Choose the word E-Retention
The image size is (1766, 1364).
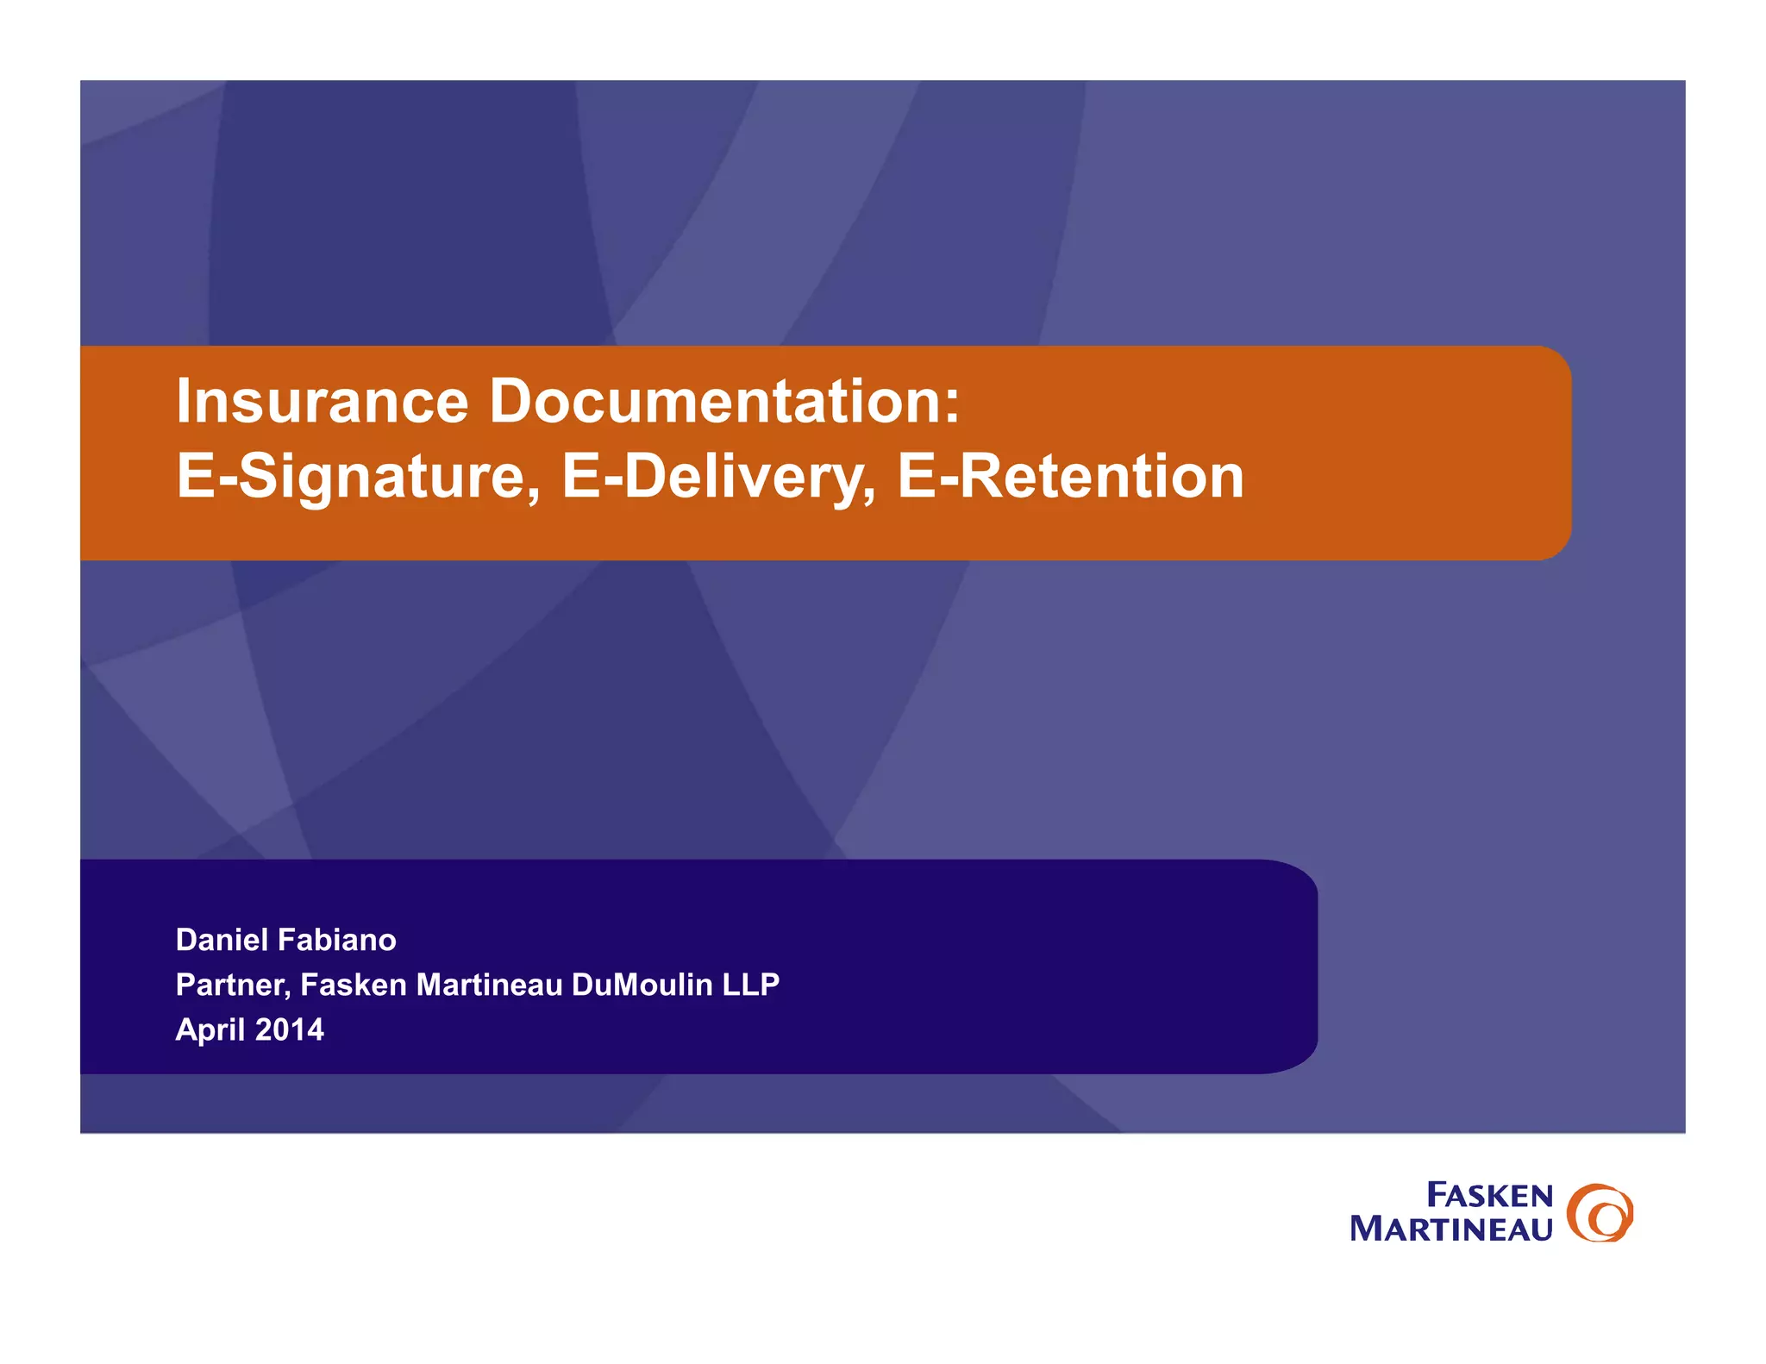[x=1070, y=477]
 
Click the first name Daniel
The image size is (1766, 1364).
[x=221, y=940]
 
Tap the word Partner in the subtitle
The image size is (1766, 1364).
[x=231, y=985]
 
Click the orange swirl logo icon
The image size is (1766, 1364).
[x=1600, y=1212]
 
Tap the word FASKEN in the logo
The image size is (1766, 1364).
[x=1489, y=1195]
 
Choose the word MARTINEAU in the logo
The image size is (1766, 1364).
[x=1451, y=1229]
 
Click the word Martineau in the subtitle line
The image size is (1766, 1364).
[x=489, y=985]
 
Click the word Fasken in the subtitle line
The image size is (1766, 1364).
[x=354, y=985]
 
